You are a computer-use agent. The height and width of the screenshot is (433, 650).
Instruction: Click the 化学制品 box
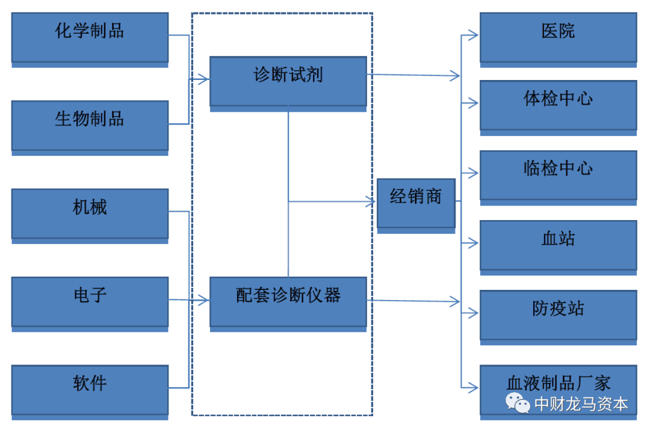[90, 37]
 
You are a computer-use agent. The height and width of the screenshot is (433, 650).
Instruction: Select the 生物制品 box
[90, 125]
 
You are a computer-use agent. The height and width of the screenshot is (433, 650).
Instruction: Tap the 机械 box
[90, 213]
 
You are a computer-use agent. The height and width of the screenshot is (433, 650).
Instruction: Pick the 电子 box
[90, 301]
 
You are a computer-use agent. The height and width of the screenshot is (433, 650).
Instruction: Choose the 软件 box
[90, 390]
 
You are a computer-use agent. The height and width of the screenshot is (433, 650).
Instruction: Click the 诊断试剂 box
[288, 81]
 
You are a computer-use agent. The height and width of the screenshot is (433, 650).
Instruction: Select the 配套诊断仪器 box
[288, 301]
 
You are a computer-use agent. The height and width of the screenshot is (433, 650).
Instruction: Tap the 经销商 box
[415, 203]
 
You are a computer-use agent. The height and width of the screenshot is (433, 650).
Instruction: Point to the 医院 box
[558, 37]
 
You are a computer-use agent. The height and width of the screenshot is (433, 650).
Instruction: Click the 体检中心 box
[558, 105]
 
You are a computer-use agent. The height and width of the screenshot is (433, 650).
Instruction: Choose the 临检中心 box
[558, 174]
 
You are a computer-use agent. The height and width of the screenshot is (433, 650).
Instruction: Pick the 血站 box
[558, 245]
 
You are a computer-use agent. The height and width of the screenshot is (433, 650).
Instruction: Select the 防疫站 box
[558, 315]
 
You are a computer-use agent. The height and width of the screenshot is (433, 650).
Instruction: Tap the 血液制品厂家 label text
[558, 382]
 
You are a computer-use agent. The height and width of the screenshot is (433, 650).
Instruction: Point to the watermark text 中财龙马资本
[581, 404]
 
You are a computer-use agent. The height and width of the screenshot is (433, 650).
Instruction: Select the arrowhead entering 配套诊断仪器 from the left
[205, 300]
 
